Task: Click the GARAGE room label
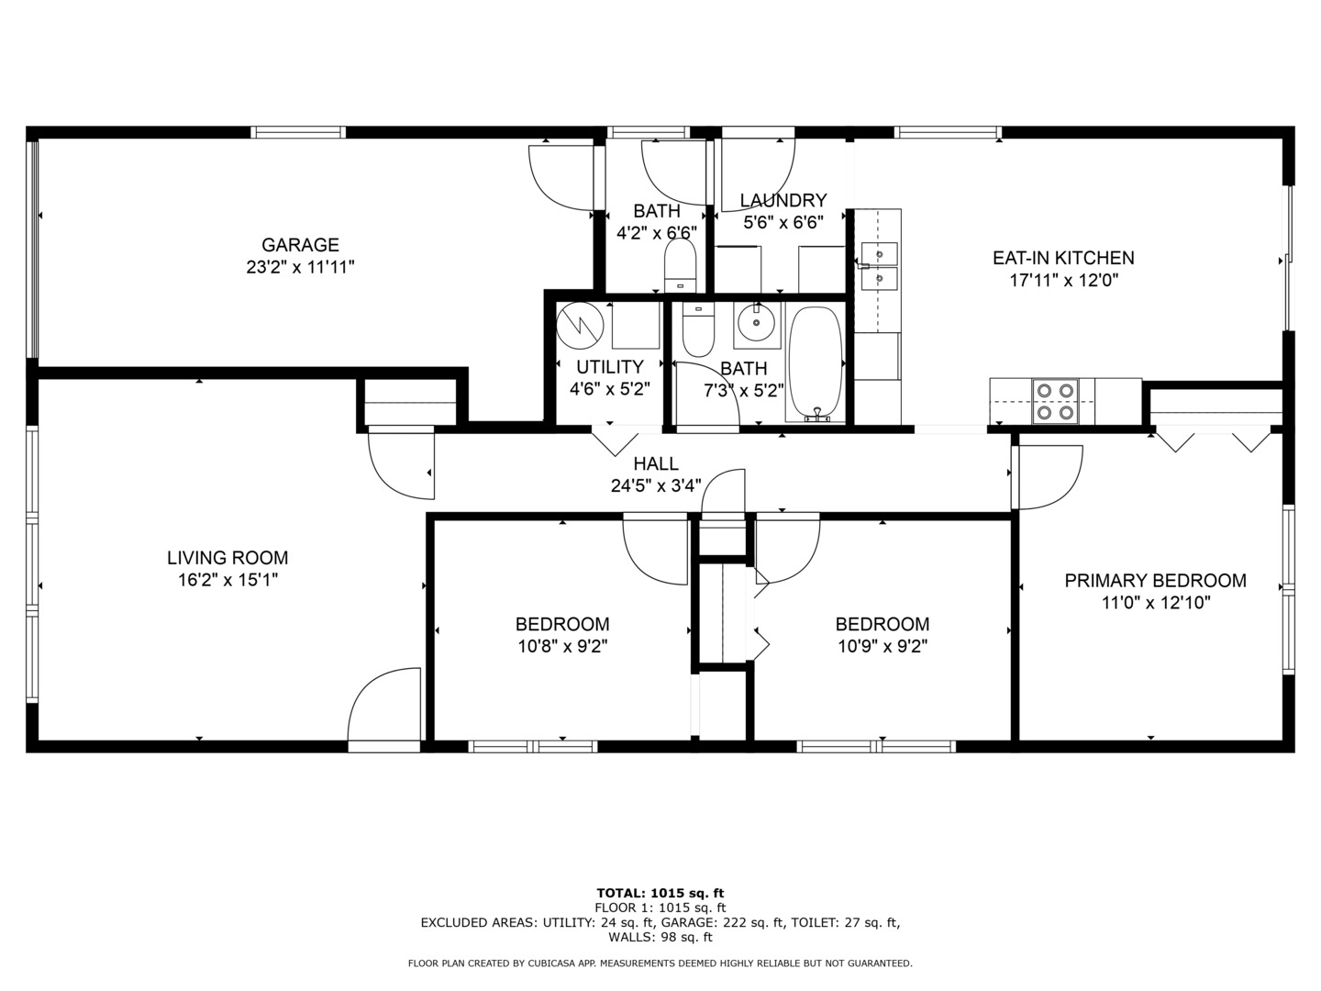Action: (x=300, y=245)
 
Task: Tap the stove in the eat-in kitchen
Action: (x=1055, y=401)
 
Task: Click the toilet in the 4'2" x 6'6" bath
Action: (x=680, y=265)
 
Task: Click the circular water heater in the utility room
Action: (x=580, y=326)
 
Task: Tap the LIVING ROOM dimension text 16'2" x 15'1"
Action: (x=228, y=580)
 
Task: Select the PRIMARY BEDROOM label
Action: (x=1156, y=581)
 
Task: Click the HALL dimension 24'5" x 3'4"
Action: (x=656, y=485)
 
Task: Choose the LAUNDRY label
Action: (x=783, y=200)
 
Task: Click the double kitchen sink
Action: (x=879, y=266)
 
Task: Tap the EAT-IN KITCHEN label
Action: (x=1063, y=258)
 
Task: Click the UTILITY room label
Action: (x=610, y=367)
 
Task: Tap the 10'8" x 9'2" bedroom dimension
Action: (x=562, y=646)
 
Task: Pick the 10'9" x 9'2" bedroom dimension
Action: (x=883, y=646)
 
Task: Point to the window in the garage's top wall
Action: (x=298, y=132)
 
